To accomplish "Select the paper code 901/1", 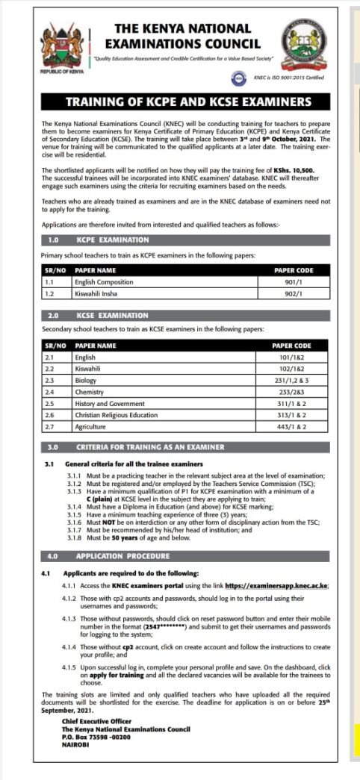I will pyautogui.click(x=293, y=281).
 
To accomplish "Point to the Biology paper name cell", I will pyautogui.click(x=86, y=380).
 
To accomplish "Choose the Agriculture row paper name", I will pyautogui.click(x=91, y=426).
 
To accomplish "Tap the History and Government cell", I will pyautogui.click(x=109, y=403).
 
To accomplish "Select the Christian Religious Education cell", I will pyautogui.click(x=115, y=415).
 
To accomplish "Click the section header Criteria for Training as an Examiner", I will pyautogui.click(x=149, y=448).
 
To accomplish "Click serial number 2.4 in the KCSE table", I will pyautogui.click(x=51, y=391).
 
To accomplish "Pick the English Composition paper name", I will pyautogui.click(x=104, y=282).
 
